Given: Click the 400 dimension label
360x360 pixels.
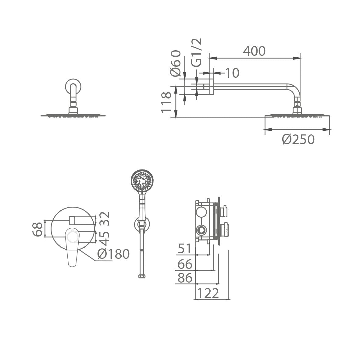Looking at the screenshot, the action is [254, 51].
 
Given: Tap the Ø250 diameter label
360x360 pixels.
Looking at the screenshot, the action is [298, 139].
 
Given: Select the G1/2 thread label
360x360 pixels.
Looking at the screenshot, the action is [196, 52].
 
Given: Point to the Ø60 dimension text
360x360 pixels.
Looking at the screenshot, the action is [176, 63].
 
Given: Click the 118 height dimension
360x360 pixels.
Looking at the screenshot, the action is [166, 102].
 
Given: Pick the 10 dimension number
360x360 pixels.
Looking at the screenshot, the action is [232, 73].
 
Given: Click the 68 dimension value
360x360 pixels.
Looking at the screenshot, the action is [37, 229].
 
